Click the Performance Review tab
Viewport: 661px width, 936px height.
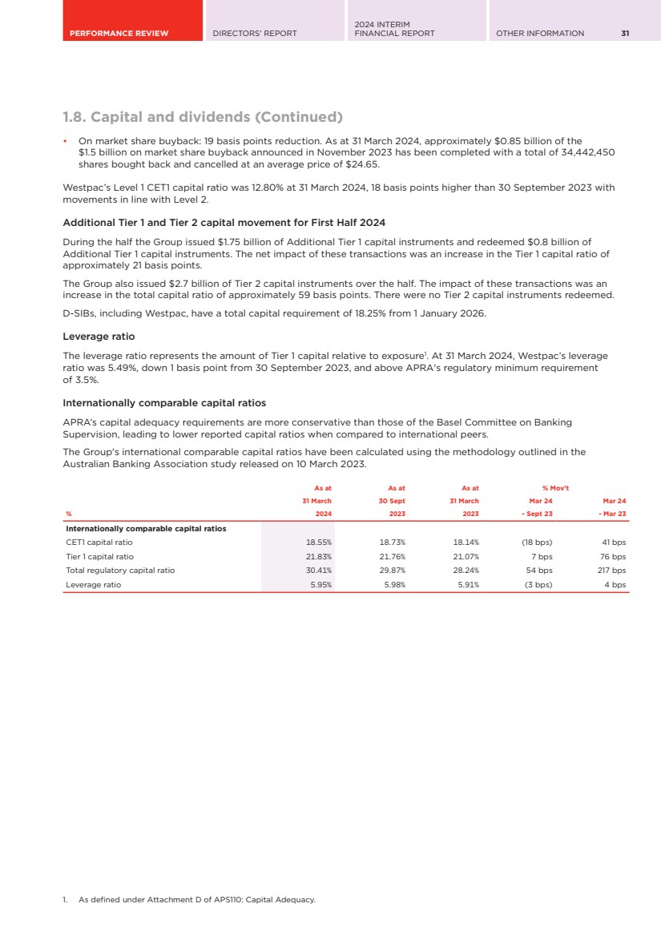[x=119, y=33]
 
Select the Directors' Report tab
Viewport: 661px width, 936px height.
[x=254, y=33]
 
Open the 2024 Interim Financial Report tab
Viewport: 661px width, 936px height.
[x=394, y=29]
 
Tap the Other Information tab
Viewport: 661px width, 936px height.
[x=540, y=33]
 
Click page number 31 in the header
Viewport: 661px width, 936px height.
[x=625, y=33]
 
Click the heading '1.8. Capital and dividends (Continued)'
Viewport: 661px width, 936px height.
[x=203, y=117]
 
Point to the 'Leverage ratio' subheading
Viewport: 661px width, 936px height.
[x=99, y=337]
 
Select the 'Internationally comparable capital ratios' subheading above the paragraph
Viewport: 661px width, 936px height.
[x=164, y=402]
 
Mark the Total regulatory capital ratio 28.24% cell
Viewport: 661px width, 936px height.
[x=466, y=571]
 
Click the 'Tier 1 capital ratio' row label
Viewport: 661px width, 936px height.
[x=100, y=556]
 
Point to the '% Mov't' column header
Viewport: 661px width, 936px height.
[x=555, y=487]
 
